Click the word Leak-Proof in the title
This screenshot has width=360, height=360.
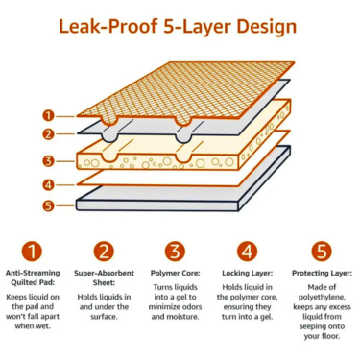108,26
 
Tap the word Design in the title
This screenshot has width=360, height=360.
266,27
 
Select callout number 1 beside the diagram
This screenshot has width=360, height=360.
48,115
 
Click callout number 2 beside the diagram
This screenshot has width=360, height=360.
48,134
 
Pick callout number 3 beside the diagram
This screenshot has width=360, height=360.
48,161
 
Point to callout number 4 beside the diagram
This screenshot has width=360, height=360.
48,185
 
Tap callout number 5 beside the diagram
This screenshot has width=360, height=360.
48,205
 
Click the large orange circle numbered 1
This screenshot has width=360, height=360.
32,252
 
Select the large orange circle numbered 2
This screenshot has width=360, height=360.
104,252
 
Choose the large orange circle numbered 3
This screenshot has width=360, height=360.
176,252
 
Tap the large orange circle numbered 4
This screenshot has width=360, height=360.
247,252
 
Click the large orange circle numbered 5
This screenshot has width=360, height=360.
322,252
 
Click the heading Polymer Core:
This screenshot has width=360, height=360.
176,274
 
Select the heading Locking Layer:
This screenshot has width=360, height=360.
248,274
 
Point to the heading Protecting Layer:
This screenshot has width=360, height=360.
322,274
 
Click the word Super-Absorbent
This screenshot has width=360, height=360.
104,274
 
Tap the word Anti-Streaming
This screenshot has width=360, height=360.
33,274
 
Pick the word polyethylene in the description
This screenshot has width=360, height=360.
321,298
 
